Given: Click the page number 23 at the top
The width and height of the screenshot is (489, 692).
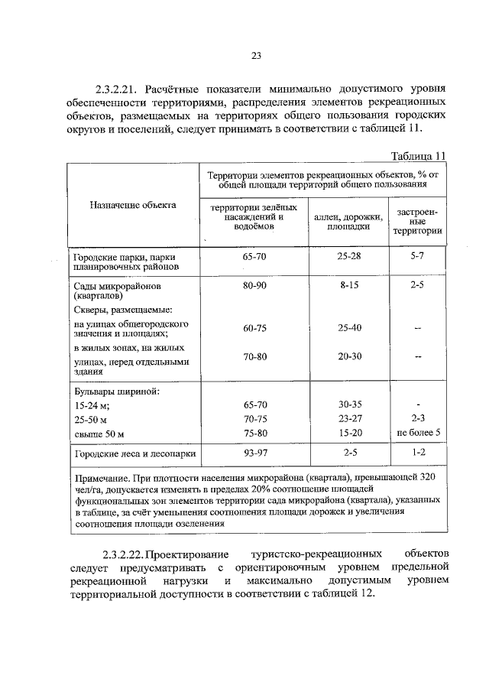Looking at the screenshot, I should tap(255, 55).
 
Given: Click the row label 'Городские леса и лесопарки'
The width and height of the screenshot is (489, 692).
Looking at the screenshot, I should tap(134, 454).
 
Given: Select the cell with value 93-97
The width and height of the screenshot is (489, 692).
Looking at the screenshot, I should tap(254, 453).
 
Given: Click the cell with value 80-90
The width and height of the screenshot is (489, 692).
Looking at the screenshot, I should tap(254, 284).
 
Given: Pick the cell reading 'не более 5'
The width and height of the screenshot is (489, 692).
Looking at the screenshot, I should tap(417, 434).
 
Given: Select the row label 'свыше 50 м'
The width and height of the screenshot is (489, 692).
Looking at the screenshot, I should tap(99, 434).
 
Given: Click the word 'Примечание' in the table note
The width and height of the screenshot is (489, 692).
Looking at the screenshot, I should tap(102, 476).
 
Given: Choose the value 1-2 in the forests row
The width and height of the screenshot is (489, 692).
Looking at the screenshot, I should tap(417, 453).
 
